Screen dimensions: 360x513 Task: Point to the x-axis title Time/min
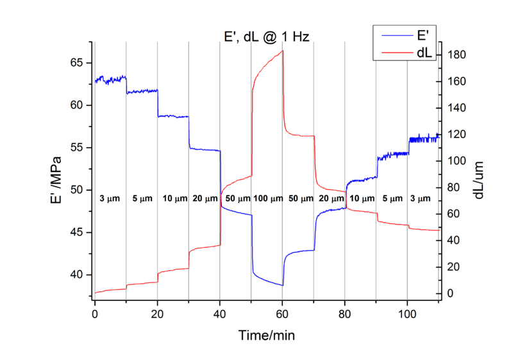pyautogui.click(x=267, y=334)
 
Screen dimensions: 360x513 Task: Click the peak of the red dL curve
pyautogui.click(x=282, y=51)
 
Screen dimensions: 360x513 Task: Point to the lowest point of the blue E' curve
pyautogui.click(x=282, y=285)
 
